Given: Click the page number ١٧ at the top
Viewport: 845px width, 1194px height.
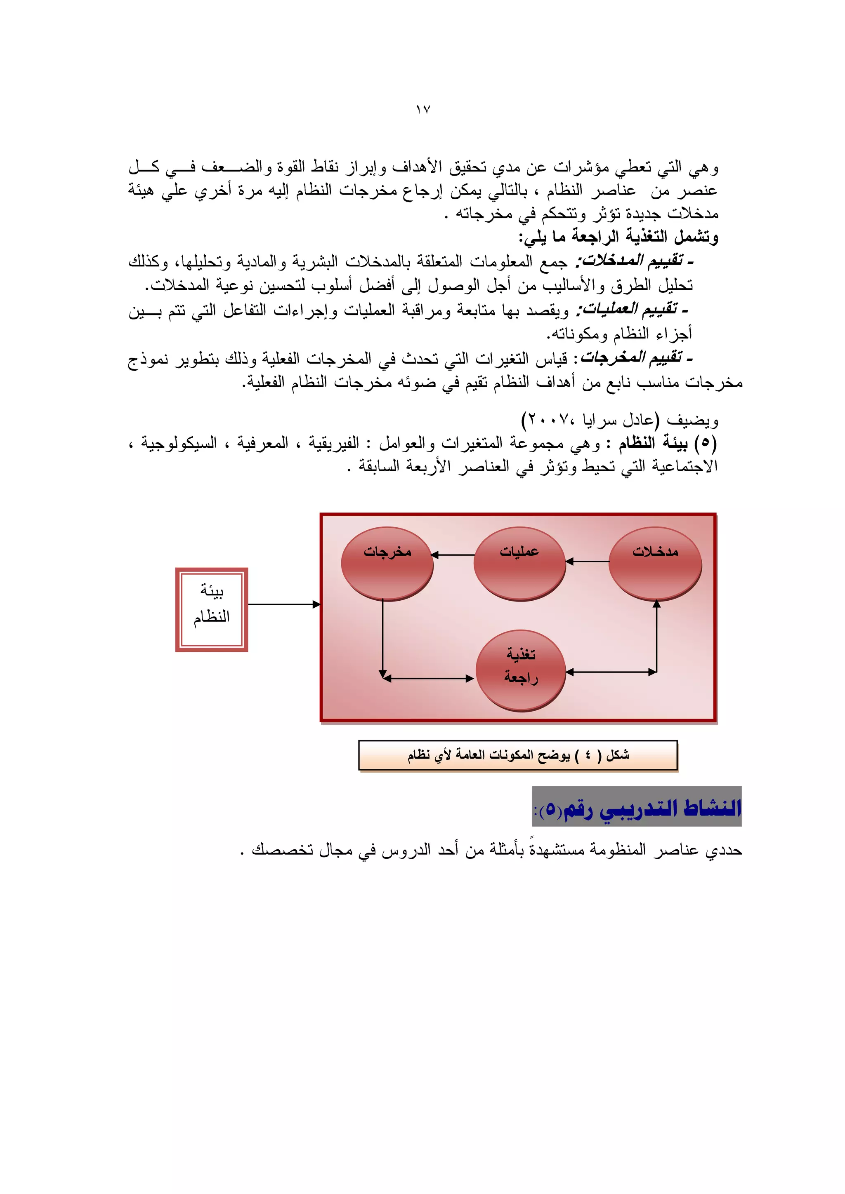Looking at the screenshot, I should (x=422, y=110).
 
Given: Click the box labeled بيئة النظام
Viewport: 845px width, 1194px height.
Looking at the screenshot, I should (x=211, y=609).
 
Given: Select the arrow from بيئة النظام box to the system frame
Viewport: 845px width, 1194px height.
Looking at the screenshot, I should (x=283, y=604).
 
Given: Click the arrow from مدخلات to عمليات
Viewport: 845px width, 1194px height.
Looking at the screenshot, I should (x=587, y=562).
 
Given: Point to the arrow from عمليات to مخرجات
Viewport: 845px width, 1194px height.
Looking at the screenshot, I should (x=453, y=555).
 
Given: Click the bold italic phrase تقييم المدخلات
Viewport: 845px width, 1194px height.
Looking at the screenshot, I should (x=634, y=261).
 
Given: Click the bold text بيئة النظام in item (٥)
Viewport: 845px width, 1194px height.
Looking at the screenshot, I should (x=654, y=444).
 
